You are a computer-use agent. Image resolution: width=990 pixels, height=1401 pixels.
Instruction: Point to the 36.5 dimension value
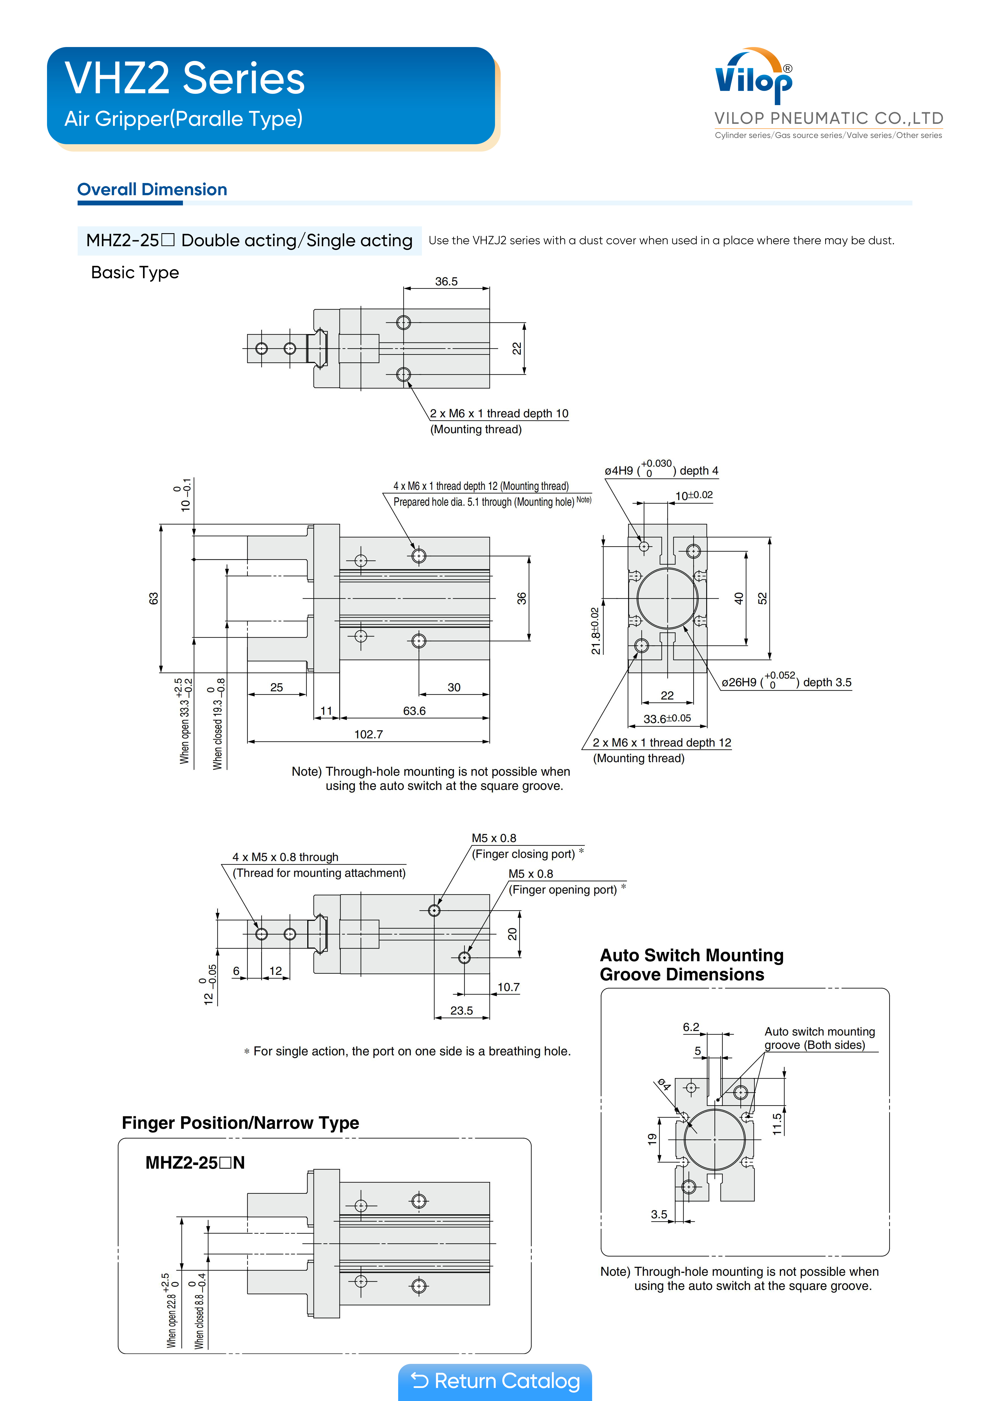[446, 281]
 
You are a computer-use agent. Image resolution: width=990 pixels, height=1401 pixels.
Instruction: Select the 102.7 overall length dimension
[368, 734]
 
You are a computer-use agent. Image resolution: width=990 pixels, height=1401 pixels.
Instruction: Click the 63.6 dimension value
[414, 711]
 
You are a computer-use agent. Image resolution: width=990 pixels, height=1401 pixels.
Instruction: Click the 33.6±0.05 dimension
[667, 719]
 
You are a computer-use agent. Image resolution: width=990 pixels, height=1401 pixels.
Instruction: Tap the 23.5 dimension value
[461, 1011]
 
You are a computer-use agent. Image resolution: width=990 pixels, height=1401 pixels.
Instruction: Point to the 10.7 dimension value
[508, 987]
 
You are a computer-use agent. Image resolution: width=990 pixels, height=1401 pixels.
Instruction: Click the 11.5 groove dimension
[776, 1123]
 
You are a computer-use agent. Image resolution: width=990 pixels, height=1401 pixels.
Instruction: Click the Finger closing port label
[523, 854]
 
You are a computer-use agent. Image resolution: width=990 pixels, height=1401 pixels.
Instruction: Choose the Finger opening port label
[562, 890]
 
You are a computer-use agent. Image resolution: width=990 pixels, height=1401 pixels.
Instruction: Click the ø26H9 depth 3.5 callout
[786, 682]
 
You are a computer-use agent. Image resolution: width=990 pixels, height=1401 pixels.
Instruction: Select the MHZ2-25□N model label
[195, 1162]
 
